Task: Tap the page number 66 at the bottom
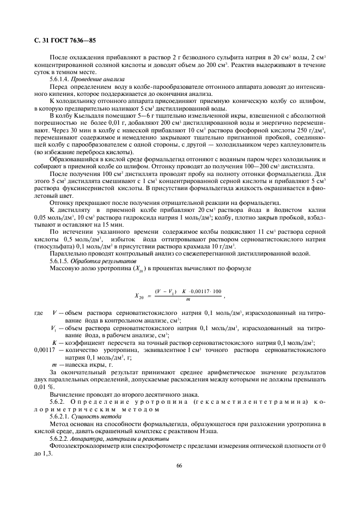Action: point(179,465)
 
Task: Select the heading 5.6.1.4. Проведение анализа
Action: point(80,79)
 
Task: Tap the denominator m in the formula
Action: point(187,299)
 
